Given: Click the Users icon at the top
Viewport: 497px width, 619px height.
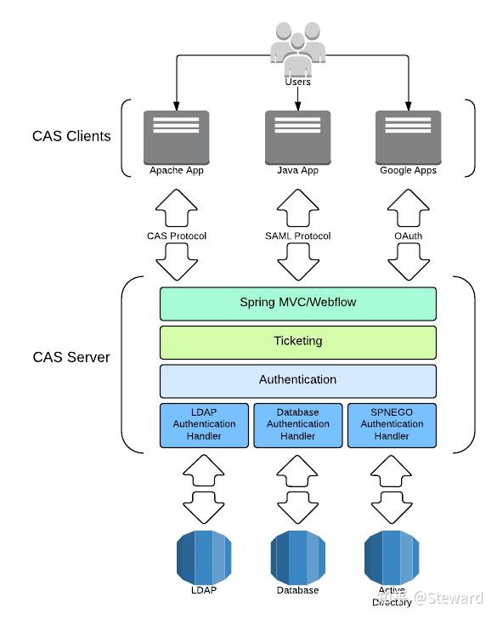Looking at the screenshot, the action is coord(298,49).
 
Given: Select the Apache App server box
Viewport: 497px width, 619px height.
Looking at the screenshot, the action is coord(177,138).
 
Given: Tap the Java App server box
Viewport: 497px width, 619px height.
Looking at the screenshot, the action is coord(298,138).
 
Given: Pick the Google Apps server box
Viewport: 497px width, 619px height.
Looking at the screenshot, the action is coord(409,138).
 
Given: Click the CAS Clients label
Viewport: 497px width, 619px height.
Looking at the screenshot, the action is coord(71,136).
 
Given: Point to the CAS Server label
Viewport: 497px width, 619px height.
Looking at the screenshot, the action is coord(71,357).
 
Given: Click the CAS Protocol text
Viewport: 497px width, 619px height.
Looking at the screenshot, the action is coord(177,236).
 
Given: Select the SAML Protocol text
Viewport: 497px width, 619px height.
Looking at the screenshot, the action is coord(298,236).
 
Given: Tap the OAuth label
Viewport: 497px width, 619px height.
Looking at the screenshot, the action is coord(409,236).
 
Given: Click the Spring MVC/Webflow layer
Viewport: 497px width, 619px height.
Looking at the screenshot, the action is coord(298,304).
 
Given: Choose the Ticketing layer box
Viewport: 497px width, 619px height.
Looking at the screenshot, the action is coord(298,343).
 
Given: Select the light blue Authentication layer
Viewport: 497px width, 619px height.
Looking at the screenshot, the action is coord(298,381).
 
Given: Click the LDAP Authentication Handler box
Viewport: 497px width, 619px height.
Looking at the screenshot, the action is coord(204,425).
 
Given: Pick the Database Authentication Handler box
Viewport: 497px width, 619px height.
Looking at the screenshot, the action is coord(298,425).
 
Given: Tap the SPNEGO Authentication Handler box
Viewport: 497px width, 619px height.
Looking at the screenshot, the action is coord(393,425).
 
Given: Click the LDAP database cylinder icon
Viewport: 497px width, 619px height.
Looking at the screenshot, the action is coord(204,558).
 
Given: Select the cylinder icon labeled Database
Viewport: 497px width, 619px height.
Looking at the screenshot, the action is coord(298,558).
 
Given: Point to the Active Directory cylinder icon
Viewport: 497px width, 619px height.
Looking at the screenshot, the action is coord(392,558).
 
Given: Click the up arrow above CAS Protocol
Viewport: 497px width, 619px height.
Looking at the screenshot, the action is coord(177,208).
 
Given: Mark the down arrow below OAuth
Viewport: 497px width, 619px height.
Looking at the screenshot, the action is coord(409,261).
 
